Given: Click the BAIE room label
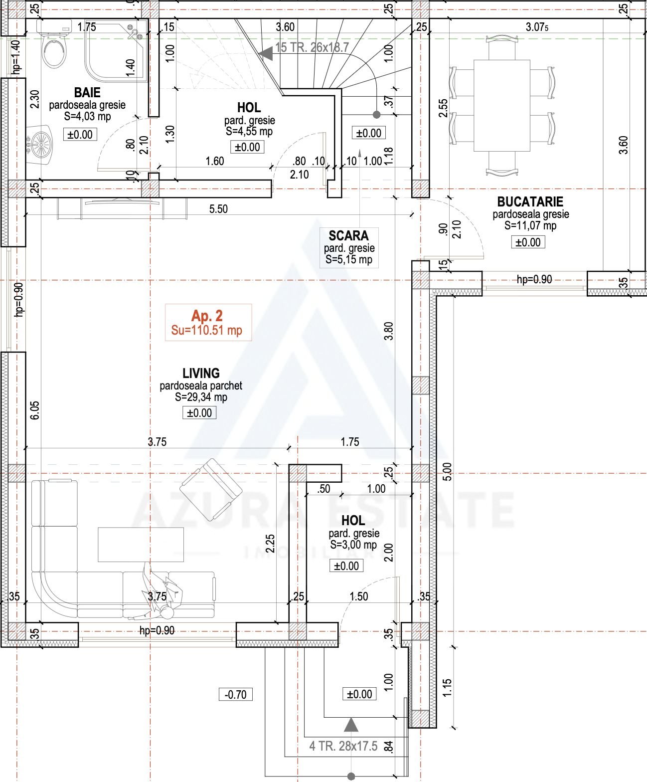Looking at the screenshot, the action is [x=87, y=92].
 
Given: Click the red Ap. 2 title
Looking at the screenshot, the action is [x=207, y=316].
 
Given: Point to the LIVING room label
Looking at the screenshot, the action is [x=201, y=373].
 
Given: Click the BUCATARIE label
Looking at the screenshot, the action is [x=530, y=202].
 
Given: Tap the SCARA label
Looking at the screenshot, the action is [x=348, y=235].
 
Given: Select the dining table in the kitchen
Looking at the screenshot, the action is [x=502, y=105].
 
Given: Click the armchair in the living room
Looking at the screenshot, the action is [x=211, y=489].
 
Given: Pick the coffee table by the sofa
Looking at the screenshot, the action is [x=141, y=545].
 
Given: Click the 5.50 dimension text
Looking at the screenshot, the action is [x=218, y=209].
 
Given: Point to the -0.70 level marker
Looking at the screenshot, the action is [x=235, y=694].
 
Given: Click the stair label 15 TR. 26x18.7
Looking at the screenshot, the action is [x=312, y=47].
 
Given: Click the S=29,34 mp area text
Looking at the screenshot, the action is [x=201, y=397].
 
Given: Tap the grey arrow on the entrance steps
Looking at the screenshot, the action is [x=351, y=725].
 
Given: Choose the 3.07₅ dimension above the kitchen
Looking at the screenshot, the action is [x=537, y=27].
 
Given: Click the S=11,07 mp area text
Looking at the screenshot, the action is [x=530, y=225].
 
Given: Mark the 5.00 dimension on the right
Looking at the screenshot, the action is [x=448, y=471].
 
